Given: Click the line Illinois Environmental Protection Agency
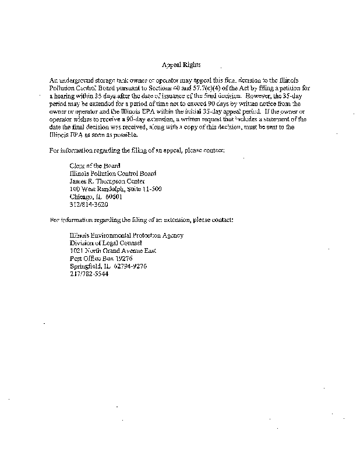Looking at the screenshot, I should point(126,235).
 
